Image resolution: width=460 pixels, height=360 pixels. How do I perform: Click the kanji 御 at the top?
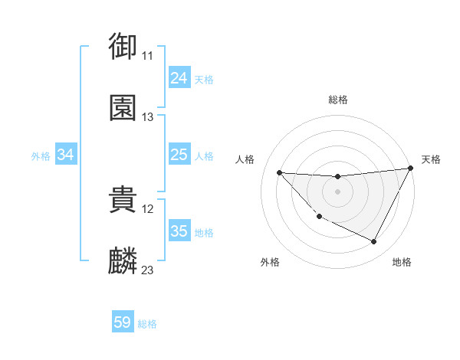[123, 46]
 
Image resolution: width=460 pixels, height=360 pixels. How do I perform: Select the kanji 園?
[123, 108]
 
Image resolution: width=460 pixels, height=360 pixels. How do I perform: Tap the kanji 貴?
[123, 200]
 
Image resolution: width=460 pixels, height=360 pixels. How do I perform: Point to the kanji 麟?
[123, 261]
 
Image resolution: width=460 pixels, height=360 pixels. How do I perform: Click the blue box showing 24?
[179, 78]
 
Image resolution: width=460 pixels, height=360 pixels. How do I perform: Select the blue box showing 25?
[179, 155]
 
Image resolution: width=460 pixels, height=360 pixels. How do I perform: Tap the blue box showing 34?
[66, 155]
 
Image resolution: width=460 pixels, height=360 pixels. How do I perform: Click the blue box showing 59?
[123, 322]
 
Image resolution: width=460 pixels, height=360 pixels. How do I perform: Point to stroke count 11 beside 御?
[147, 56]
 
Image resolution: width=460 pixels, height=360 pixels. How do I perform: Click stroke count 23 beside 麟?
[147, 270]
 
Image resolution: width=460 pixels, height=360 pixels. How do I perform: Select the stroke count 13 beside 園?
[147, 117]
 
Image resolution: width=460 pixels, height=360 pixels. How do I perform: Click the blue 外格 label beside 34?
[41, 156]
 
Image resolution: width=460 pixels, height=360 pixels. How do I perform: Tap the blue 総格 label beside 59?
[147, 324]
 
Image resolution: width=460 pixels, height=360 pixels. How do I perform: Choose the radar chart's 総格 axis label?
[337, 100]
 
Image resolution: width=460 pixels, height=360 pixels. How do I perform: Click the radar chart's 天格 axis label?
[431, 159]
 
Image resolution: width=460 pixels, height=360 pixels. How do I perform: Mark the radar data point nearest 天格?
[410, 169]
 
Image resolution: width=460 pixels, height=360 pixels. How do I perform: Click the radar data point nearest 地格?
[374, 242]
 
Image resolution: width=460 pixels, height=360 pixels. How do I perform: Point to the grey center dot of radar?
[337, 191]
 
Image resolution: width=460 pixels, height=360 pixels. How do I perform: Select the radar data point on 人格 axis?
[279, 172]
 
